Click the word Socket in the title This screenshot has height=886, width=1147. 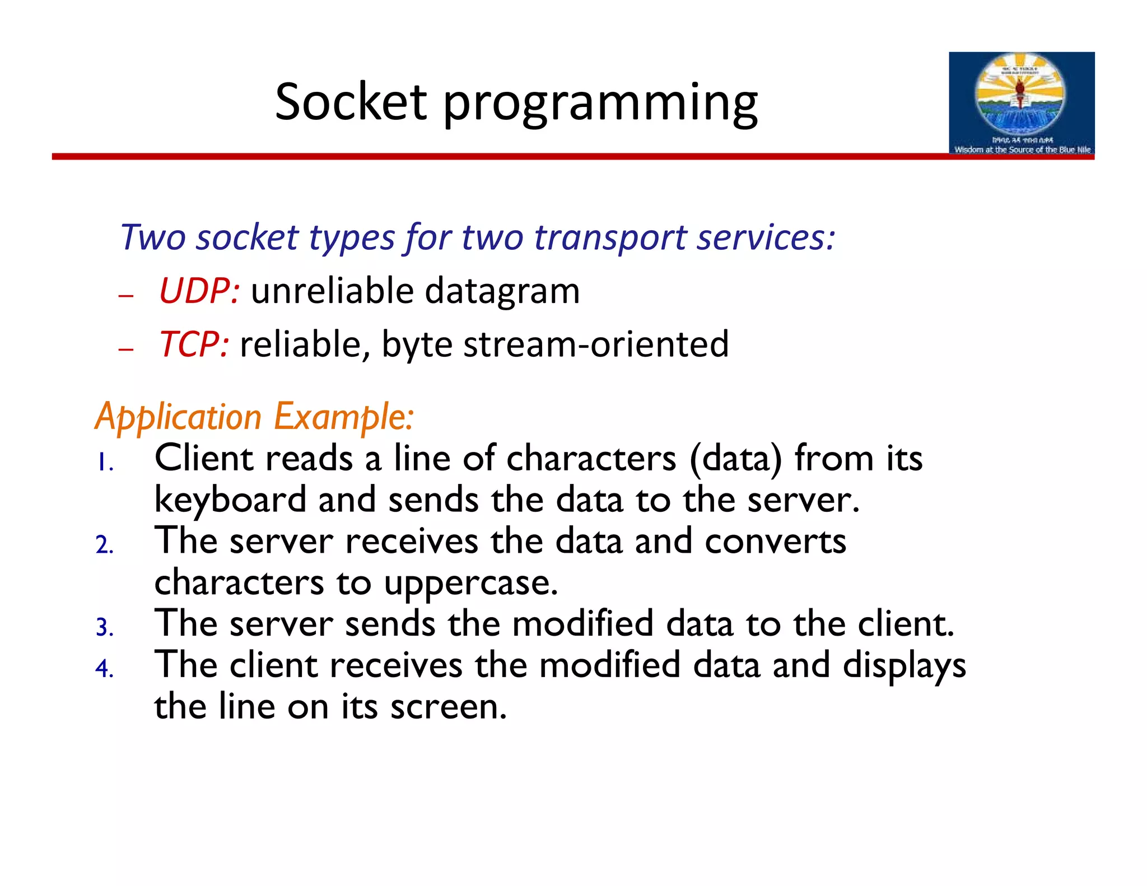click(351, 102)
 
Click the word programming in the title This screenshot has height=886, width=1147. click(600, 105)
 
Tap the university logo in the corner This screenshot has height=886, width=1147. click(1021, 103)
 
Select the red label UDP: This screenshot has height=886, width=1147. click(199, 292)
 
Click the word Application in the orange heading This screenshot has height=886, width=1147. click(178, 418)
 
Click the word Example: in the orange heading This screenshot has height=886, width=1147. click(344, 418)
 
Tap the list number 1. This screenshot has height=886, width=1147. click(104, 464)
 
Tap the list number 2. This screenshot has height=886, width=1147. click(104, 545)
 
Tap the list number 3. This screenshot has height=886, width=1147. click(104, 628)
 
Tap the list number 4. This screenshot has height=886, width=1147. click(104, 669)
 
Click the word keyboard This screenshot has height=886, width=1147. click(230, 500)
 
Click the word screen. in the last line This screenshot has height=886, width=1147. click(448, 707)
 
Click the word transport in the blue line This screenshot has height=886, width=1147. click(609, 238)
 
